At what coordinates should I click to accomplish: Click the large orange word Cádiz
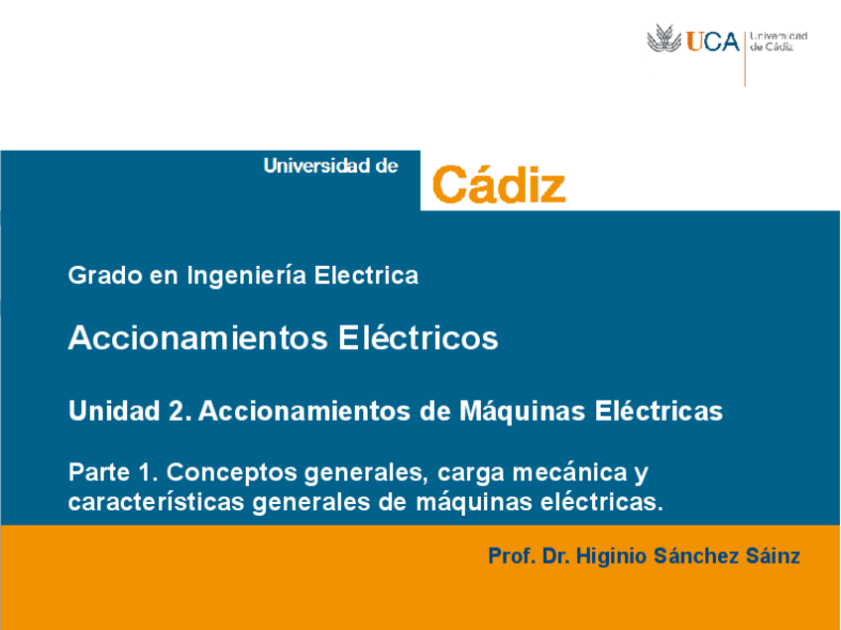point(499,184)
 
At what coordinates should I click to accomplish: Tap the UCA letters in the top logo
point(713,42)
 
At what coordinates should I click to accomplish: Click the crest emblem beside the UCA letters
point(664,41)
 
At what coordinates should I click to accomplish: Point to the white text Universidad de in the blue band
point(330,167)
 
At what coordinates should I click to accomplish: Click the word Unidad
point(107,411)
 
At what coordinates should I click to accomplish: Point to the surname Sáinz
point(772,557)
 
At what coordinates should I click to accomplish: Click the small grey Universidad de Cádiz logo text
point(779,42)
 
